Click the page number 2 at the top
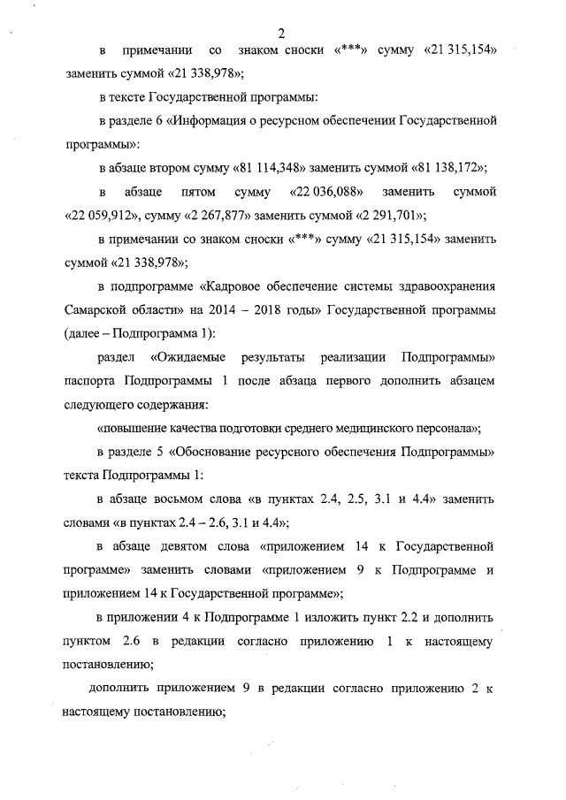[280, 34]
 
